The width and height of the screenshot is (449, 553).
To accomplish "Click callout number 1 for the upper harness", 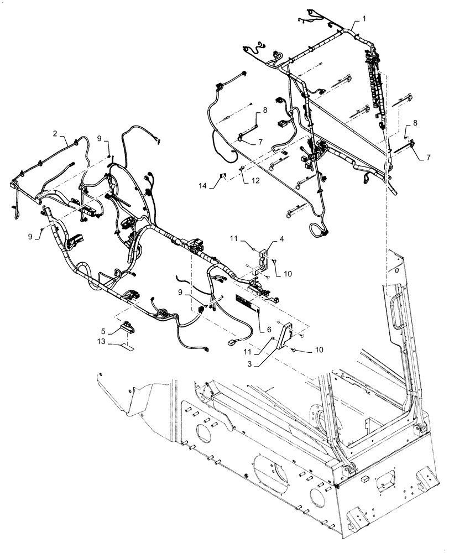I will point(364,19).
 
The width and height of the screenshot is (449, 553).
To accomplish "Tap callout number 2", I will point(55,133).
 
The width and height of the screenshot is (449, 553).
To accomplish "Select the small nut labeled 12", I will point(243,169).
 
